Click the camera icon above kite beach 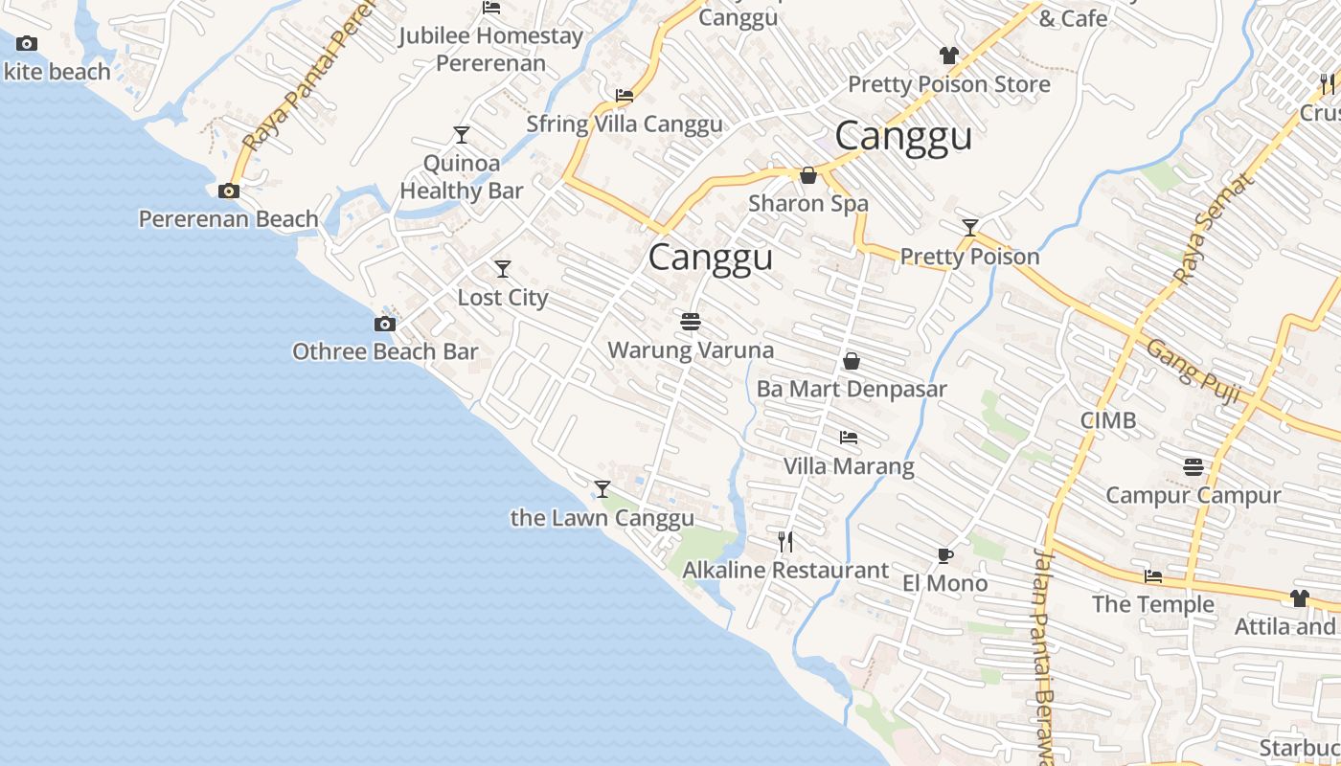[x=27, y=43]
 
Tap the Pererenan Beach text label [x=228, y=219]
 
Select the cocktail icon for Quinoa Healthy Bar [x=462, y=135]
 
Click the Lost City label [x=503, y=298]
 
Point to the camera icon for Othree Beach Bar [x=385, y=325]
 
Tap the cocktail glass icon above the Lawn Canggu [x=602, y=489]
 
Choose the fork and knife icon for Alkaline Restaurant [x=785, y=542]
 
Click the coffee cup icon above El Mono [x=945, y=555]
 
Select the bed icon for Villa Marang [x=849, y=438]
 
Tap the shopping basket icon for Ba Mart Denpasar [x=851, y=361]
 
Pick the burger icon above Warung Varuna [x=691, y=322]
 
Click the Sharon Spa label [x=808, y=204]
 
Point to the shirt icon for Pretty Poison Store [x=948, y=56]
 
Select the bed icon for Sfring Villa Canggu [x=625, y=96]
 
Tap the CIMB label [x=1108, y=420]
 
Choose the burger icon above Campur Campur [x=1193, y=467]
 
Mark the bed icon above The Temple [x=1154, y=576]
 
